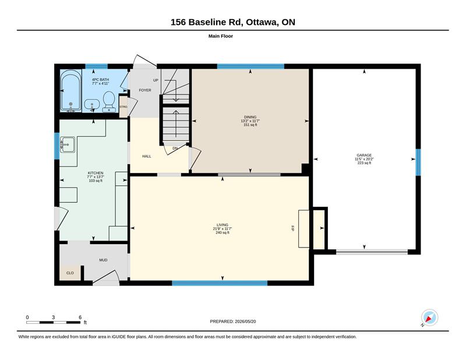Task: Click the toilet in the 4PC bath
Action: click(109, 102)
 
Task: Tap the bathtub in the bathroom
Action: click(70, 91)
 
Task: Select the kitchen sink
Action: click(68, 145)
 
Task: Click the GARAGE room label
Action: click(364, 155)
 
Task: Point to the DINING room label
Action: click(250, 117)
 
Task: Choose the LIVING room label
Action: click(223, 225)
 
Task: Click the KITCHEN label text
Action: click(96, 173)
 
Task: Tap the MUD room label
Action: click(103, 260)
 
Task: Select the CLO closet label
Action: click(70, 273)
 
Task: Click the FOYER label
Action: click(145, 90)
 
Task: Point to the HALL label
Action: click(147, 156)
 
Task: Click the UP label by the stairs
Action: click(156, 80)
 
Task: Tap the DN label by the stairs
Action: click(175, 149)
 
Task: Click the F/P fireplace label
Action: click(292, 228)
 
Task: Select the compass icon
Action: click(429, 317)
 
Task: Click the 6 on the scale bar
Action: click(80, 317)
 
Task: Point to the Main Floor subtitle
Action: click(221, 36)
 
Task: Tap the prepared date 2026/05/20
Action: click(245, 322)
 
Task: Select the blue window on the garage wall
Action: click(418, 162)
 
